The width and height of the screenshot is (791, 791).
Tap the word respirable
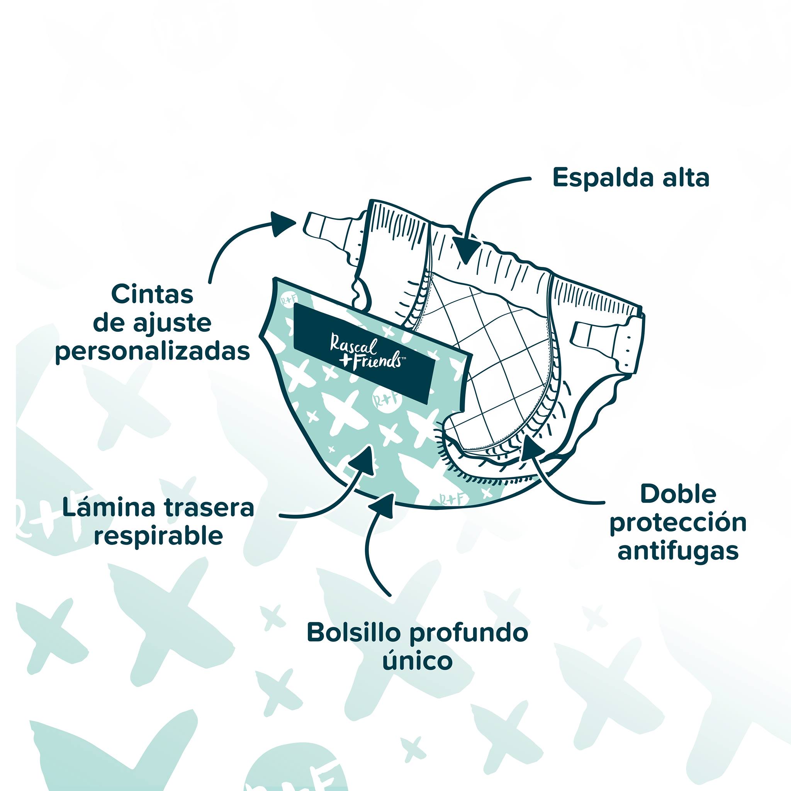[x=158, y=536]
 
